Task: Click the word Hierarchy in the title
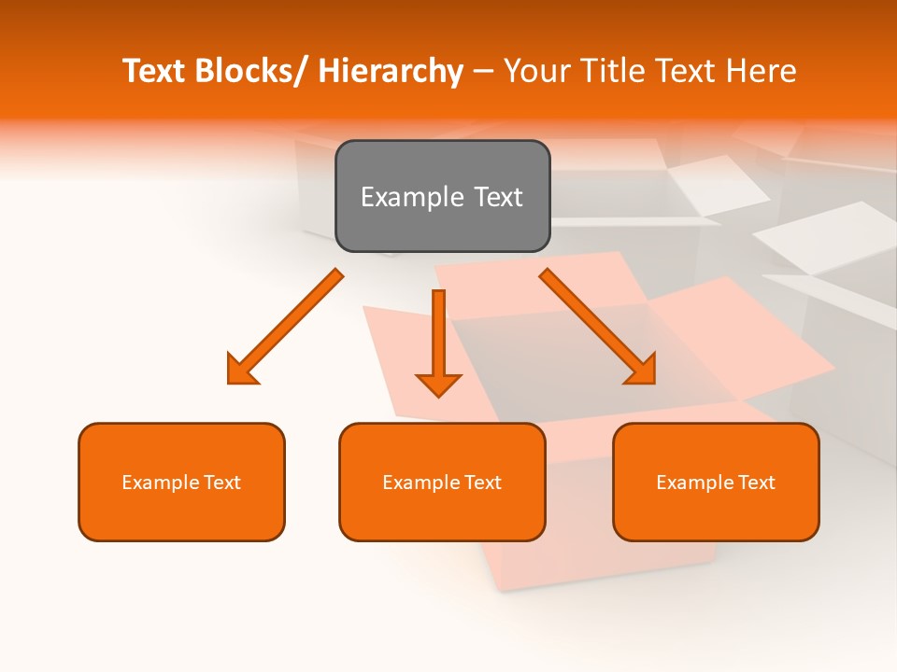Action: tap(391, 72)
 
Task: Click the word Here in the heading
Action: tap(762, 72)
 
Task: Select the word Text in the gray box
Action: tap(497, 197)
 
